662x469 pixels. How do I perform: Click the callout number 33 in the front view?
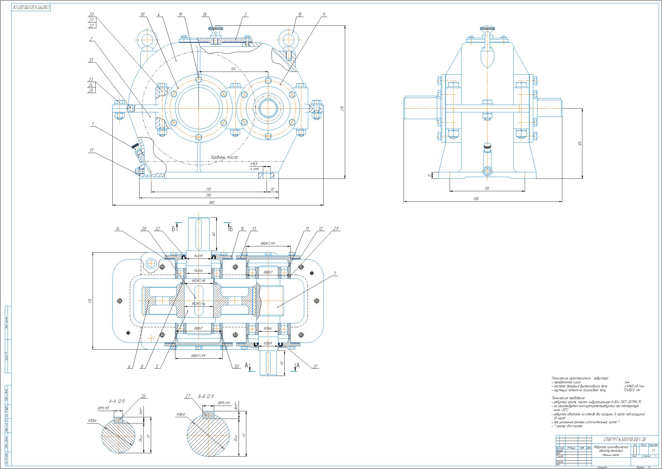tap(91, 60)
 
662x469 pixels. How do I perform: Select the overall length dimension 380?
tap(211, 203)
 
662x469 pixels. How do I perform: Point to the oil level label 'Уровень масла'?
tap(224, 157)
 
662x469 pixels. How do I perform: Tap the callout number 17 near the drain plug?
tap(92, 150)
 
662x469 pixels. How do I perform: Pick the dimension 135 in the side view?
tap(487, 188)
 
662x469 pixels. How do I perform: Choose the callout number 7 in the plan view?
tap(334, 273)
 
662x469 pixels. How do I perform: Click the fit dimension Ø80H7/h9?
tap(267, 244)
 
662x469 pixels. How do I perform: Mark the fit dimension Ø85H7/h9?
tap(198, 356)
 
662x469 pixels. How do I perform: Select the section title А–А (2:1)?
tap(117, 401)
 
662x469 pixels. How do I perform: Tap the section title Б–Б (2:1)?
tap(206, 397)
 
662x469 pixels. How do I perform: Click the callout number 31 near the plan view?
tap(315, 367)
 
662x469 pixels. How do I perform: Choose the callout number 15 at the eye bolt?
tap(300, 15)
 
